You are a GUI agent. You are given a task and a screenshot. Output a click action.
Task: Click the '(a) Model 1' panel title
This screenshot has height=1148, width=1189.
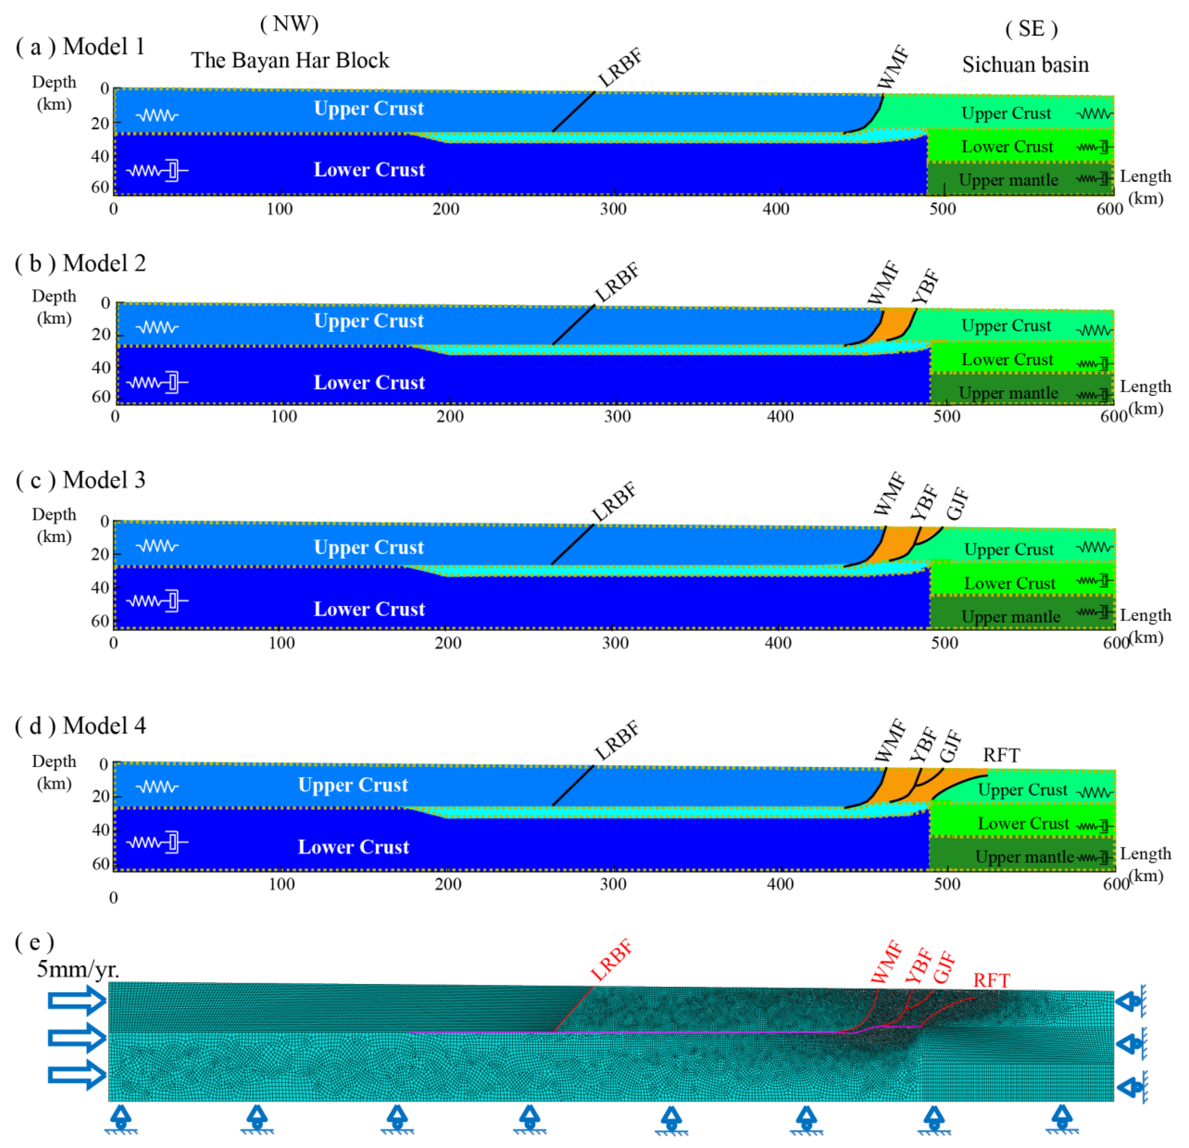click(80, 47)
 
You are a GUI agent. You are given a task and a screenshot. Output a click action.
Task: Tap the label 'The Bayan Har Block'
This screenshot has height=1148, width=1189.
click(290, 61)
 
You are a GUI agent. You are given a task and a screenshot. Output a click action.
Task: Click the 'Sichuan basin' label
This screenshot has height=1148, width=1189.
click(1025, 64)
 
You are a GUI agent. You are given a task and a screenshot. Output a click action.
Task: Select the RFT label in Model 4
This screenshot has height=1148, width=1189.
click(1001, 755)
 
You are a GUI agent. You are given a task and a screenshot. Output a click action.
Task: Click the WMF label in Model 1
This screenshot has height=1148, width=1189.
click(893, 67)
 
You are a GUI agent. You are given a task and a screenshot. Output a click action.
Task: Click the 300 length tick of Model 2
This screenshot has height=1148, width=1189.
click(617, 416)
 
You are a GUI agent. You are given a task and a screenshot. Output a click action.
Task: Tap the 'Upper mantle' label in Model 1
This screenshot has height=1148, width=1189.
click(1008, 180)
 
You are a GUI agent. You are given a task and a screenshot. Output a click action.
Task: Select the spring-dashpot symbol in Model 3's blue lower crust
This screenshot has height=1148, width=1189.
click(157, 601)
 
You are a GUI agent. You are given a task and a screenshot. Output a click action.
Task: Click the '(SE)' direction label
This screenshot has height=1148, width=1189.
click(1031, 29)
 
